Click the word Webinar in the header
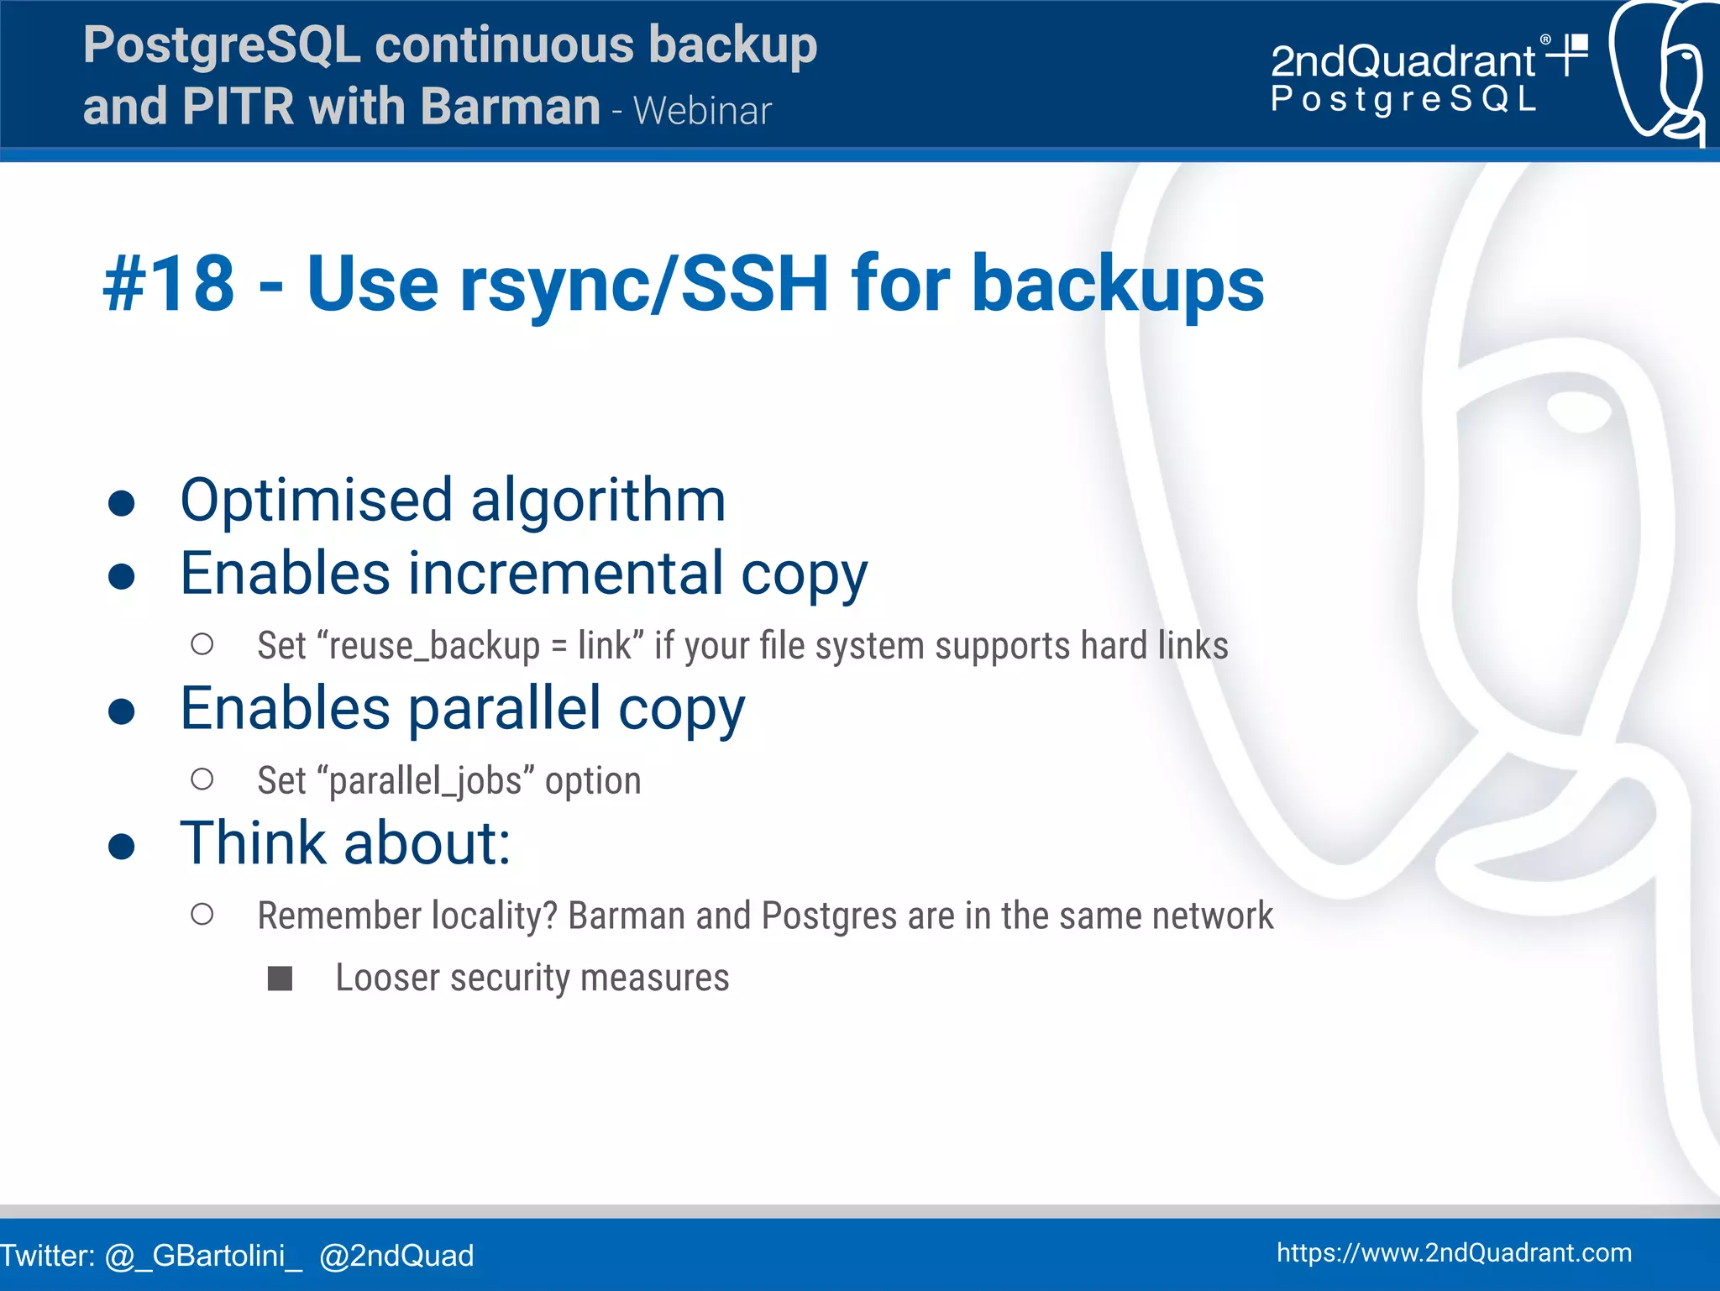click(702, 111)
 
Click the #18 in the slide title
click(169, 284)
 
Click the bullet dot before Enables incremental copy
click(122, 576)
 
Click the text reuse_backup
click(434, 646)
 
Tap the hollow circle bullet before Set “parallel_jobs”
click(202, 779)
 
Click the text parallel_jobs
click(426, 781)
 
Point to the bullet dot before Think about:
click(122, 847)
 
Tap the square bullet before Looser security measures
click(280, 979)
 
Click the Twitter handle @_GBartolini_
click(203, 1256)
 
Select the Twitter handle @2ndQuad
click(396, 1256)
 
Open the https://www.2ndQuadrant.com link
click(1454, 1252)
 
